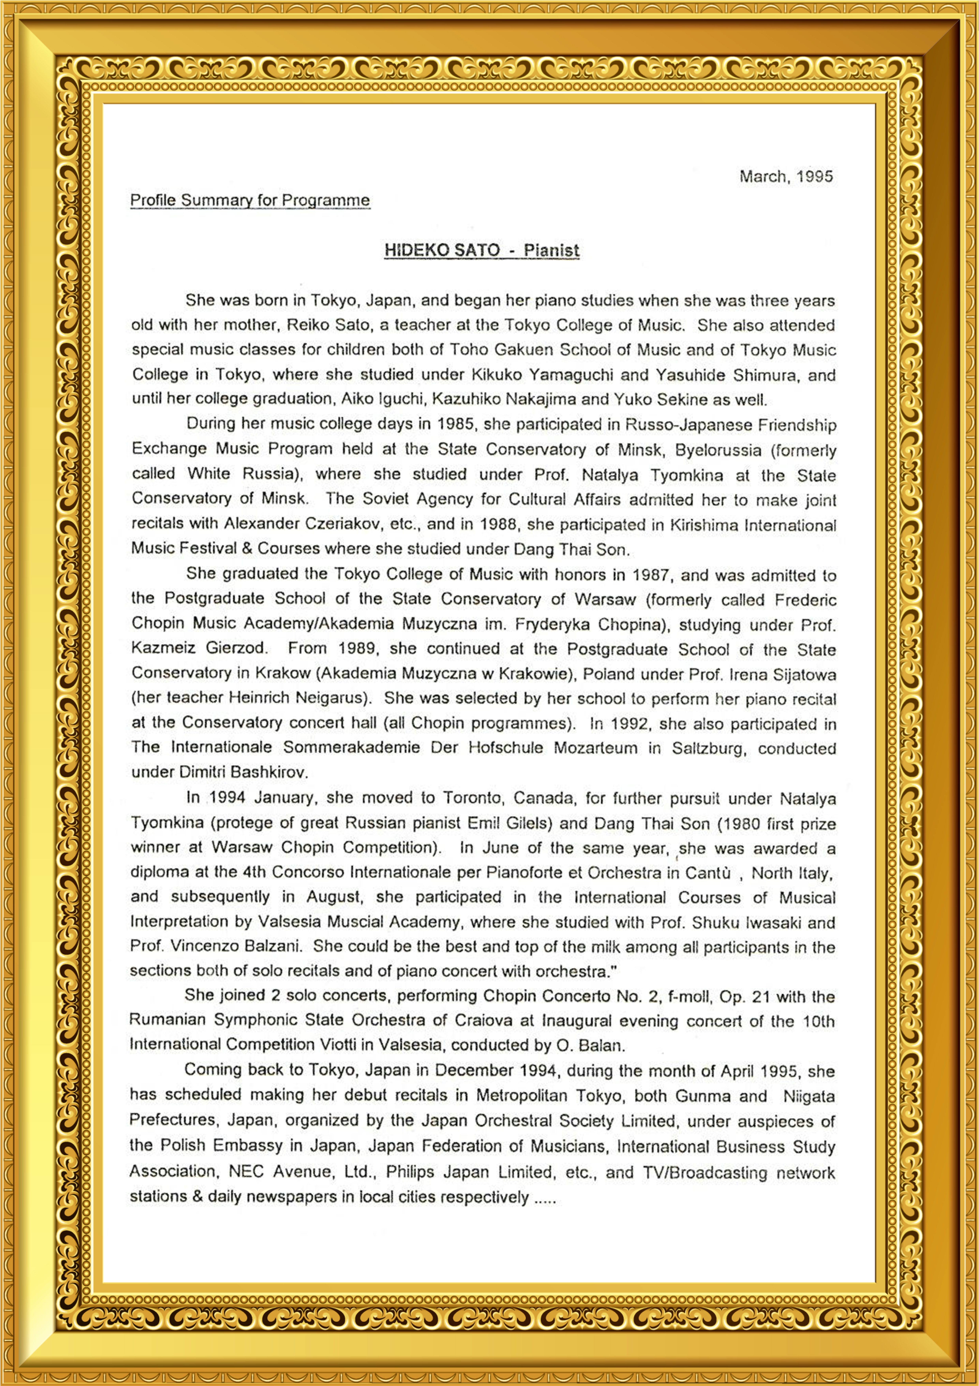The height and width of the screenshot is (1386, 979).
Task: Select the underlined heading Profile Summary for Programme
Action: point(250,201)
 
